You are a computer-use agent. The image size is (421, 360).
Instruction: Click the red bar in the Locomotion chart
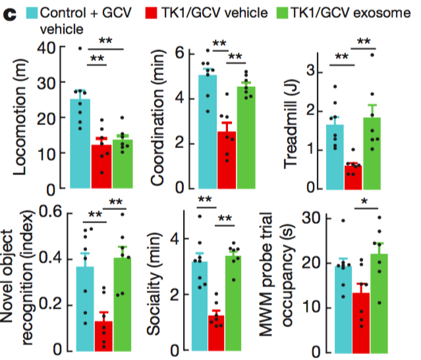(101, 167)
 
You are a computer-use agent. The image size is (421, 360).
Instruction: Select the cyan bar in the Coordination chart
(208, 132)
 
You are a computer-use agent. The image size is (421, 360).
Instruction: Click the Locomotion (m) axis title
(20, 118)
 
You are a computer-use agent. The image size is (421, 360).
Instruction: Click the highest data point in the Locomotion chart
(80, 48)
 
